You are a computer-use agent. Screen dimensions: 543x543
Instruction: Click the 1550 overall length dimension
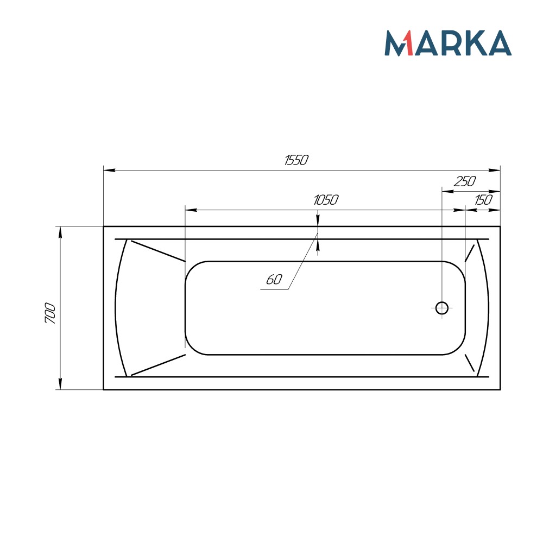[296, 160]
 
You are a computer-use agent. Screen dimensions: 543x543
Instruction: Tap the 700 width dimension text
[50, 313]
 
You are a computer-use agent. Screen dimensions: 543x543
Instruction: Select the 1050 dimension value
[326, 200]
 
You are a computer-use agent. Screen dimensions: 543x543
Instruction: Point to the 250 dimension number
[465, 181]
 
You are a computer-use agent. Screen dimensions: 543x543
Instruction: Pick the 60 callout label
[274, 280]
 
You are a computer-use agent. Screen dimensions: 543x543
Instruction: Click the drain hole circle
[442, 308]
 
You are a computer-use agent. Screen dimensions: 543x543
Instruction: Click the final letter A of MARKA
[498, 43]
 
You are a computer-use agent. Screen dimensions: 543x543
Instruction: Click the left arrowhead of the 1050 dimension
[191, 210]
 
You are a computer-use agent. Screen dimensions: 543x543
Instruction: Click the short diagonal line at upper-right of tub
[470, 253]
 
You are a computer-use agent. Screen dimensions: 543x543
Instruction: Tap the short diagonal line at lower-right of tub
[470, 362]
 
